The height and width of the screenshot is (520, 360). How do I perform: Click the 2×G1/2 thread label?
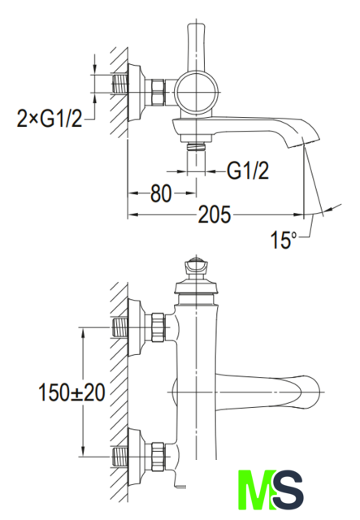click(x=49, y=119)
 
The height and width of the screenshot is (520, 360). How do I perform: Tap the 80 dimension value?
click(x=161, y=193)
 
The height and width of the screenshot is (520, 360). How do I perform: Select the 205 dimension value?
click(x=215, y=214)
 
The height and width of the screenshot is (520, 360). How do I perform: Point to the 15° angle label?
click(x=283, y=240)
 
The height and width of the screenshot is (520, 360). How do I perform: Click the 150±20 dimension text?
click(x=72, y=392)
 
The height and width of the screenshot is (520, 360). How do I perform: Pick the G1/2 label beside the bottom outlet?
click(x=248, y=171)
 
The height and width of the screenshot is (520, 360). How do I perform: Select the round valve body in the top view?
click(x=197, y=92)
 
